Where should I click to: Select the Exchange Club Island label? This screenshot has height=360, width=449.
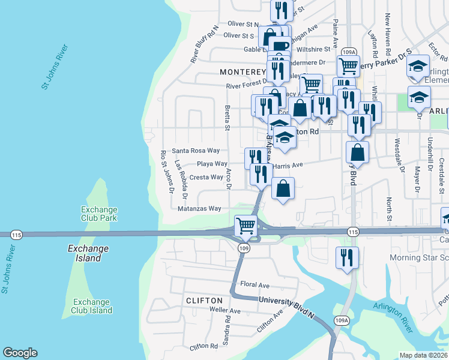92,306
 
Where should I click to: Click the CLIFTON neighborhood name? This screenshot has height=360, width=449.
205,300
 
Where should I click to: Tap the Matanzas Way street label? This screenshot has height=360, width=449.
200,209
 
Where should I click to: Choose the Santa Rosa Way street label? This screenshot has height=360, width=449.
196,151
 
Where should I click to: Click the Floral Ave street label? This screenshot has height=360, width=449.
255,285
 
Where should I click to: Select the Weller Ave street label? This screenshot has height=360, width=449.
224,311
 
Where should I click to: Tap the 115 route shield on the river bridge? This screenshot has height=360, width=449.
16,235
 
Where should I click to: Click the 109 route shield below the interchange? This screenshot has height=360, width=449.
244,248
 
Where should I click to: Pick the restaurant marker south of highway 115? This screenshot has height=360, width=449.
347,258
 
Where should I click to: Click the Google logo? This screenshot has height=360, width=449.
20,353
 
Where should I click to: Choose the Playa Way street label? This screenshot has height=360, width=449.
212,164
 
